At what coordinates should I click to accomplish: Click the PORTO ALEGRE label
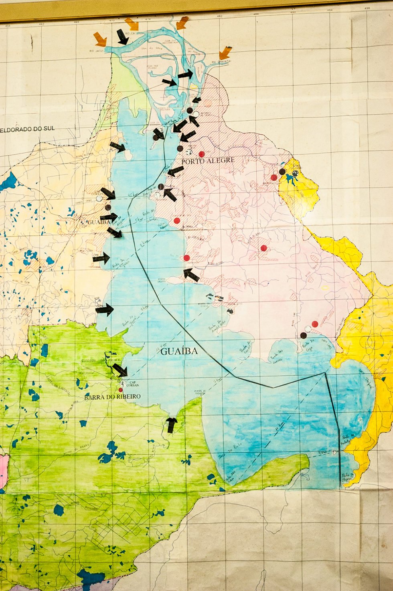click(208, 160)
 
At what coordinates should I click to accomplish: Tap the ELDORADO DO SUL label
click(28, 129)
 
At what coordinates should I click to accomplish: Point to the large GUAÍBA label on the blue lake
click(179, 351)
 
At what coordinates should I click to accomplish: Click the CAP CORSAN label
click(132, 383)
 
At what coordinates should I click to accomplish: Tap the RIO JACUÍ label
click(97, 51)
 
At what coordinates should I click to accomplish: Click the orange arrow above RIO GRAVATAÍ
click(225, 52)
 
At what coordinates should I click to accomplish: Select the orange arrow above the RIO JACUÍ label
click(100, 39)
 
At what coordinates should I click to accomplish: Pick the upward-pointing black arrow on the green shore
click(172, 425)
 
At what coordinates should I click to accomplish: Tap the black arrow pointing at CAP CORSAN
click(120, 369)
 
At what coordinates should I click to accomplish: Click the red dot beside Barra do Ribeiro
click(121, 390)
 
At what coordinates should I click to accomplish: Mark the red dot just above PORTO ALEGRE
click(201, 154)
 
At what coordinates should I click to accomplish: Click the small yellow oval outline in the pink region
click(325, 287)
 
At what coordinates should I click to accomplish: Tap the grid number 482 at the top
click(219, 16)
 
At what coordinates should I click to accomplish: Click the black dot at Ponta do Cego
click(303, 335)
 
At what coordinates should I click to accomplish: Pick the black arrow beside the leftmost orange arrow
click(122, 37)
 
